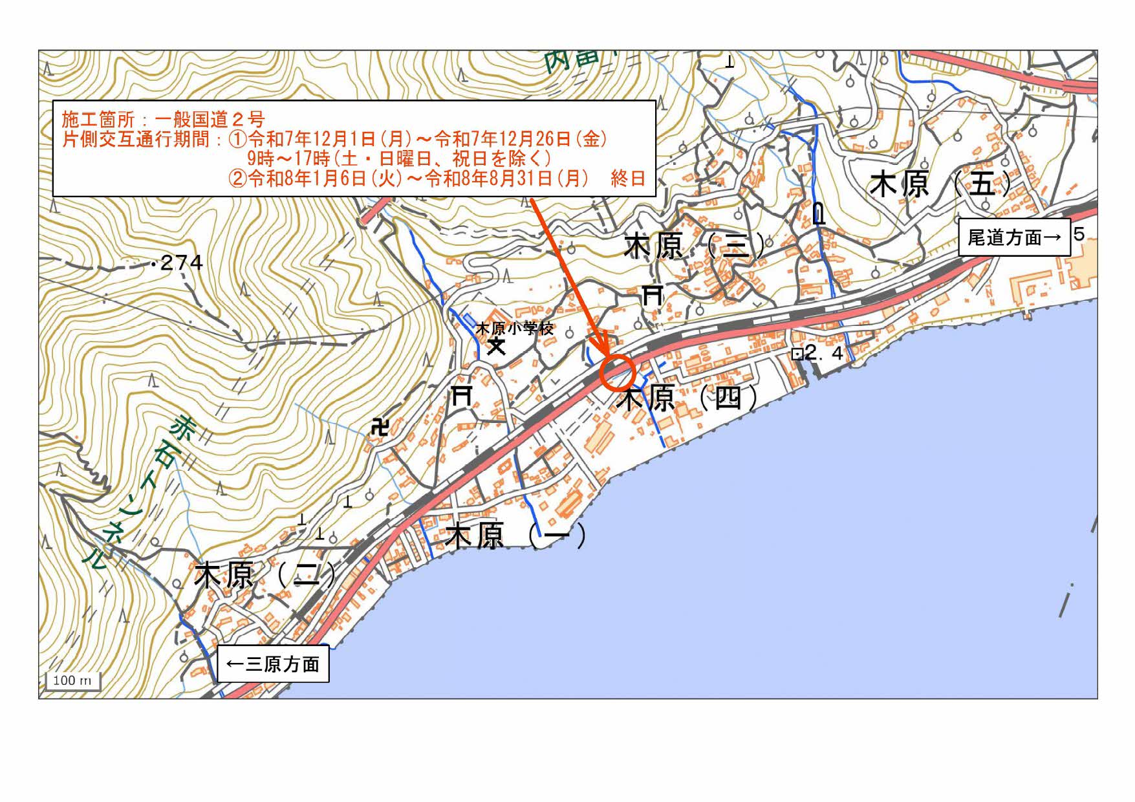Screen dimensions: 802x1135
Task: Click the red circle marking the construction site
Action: [x=618, y=372]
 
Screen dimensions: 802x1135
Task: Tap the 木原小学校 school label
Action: [x=515, y=328]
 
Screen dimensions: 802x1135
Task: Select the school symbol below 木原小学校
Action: [x=496, y=346]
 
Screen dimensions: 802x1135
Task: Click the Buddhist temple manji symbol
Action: [x=380, y=427]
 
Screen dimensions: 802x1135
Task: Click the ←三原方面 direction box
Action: [x=273, y=664]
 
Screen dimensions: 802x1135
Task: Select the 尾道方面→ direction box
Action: [x=1013, y=237]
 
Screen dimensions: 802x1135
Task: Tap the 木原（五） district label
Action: [x=940, y=184]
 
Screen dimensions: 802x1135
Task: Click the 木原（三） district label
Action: [x=694, y=246]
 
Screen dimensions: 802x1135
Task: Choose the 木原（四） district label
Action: [x=687, y=398]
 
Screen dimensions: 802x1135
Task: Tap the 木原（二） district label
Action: [x=266, y=575]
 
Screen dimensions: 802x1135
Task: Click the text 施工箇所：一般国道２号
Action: [x=163, y=119]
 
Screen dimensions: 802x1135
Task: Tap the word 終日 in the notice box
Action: [x=627, y=179]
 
